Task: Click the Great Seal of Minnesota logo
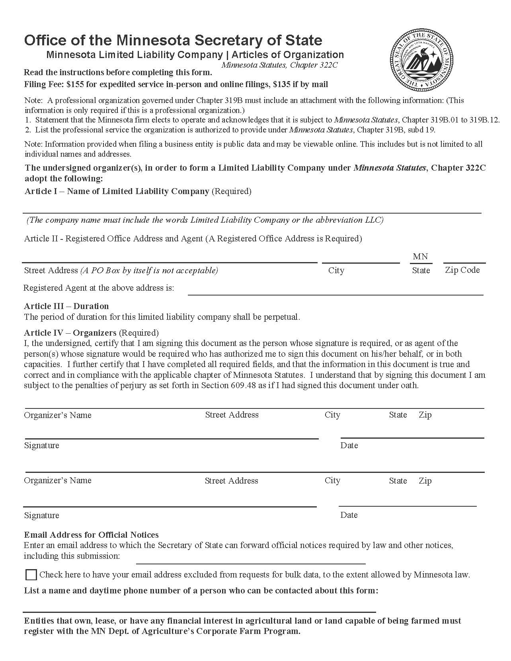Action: coord(421,60)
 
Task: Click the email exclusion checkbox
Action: coord(31,575)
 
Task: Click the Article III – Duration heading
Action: coord(66,306)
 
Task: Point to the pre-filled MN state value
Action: coord(420,257)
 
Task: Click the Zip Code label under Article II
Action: coord(462,270)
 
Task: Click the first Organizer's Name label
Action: coord(58,415)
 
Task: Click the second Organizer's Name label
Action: coord(58,480)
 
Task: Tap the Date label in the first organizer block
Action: coord(349,445)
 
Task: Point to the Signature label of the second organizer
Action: coord(41,515)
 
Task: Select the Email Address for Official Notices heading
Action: coord(91,535)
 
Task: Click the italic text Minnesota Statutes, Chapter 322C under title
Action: coord(279,65)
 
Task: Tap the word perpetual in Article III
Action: coord(282,317)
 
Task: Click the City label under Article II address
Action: coord(336,270)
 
